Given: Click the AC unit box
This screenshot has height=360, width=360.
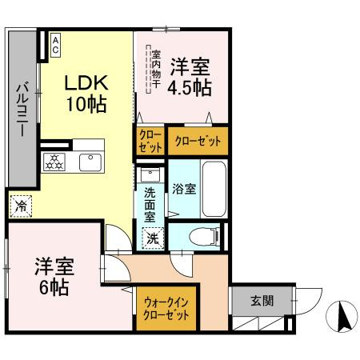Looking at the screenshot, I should point(56,44).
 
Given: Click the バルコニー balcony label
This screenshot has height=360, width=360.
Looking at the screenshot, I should point(23,107).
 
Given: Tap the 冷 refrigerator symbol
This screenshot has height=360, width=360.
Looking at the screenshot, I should point(22,206).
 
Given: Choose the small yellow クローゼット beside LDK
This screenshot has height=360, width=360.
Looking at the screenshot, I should point(150,141).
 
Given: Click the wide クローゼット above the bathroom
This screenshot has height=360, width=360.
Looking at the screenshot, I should point(195,139).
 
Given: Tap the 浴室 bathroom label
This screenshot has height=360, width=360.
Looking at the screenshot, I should point(184,190).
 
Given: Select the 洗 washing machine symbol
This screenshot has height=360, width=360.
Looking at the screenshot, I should point(152,237).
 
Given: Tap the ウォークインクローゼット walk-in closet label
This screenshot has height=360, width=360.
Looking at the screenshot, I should point(167,307).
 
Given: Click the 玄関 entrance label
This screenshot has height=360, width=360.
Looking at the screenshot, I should point(261,301).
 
